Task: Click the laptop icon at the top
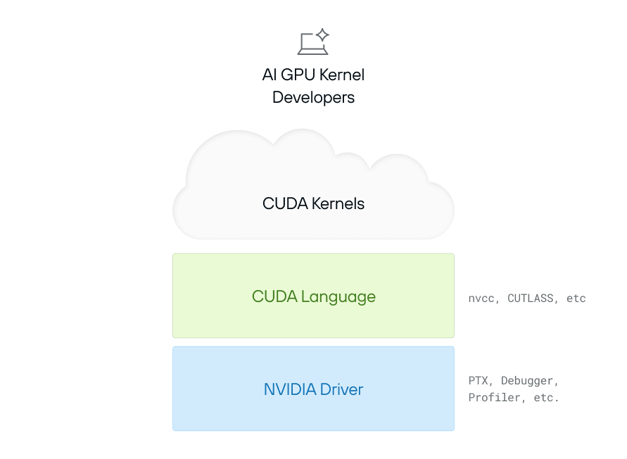pyautogui.click(x=311, y=44)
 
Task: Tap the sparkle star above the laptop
pyautogui.click(x=322, y=34)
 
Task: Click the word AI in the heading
pyautogui.click(x=270, y=75)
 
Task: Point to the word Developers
pyautogui.click(x=313, y=97)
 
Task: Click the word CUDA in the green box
pyautogui.click(x=274, y=296)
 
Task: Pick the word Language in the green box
pyautogui.click(x=338, y=296)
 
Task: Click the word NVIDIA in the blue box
pyautogui.click(x=290, y=389)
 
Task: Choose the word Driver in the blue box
pyautogui.click(x=341, y=389)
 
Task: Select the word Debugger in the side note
pyautogui.click(x=529, y=381)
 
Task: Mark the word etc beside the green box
pyautogui.click(x=576, y=298)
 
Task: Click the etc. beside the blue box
pyautogui.click(x=545, y=398)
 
